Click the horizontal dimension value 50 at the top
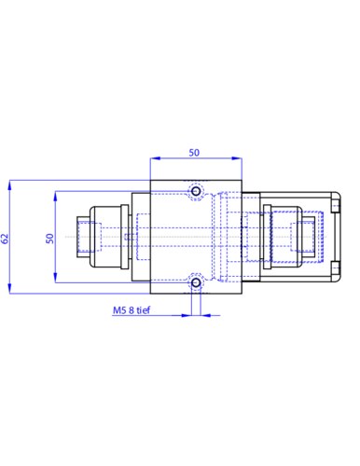pyautogui.click(x=194, y=151)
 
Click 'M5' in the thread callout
pyautogui.click(x=118, y=313)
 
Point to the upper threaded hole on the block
pyautogui.click(x=195, y=192)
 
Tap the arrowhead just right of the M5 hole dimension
pyautogui.click(x=203, y=313)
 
